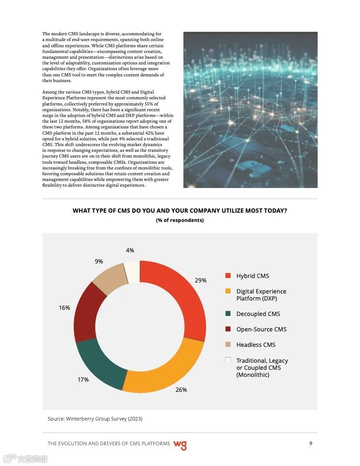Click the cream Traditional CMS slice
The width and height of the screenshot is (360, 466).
click(x=132, y=271)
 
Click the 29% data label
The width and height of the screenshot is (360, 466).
click(x=201, y=280)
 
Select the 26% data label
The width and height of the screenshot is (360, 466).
click(x=181, y=390)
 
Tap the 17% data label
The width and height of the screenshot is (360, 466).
click(x=83, y=380)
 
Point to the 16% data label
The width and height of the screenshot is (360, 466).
click(x=64, y=308)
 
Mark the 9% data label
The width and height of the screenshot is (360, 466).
click(x=99, y=261)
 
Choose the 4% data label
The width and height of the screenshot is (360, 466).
click(x=130, y=250)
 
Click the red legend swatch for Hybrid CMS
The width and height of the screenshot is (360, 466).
click(x=228, y=275)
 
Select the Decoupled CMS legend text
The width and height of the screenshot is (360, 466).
click(x=258, y=314)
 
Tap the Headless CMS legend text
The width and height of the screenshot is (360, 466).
click(x=256, y=345)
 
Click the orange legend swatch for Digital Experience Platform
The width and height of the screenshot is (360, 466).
click(x=228, y=291)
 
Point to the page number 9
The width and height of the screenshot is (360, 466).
click(x=311, y=443)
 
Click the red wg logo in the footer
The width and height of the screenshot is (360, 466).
click(x=180, y=445)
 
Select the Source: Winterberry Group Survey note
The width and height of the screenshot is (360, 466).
click(x=95, y=418)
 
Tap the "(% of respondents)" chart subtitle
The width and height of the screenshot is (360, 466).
click(x=180, y=220)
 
